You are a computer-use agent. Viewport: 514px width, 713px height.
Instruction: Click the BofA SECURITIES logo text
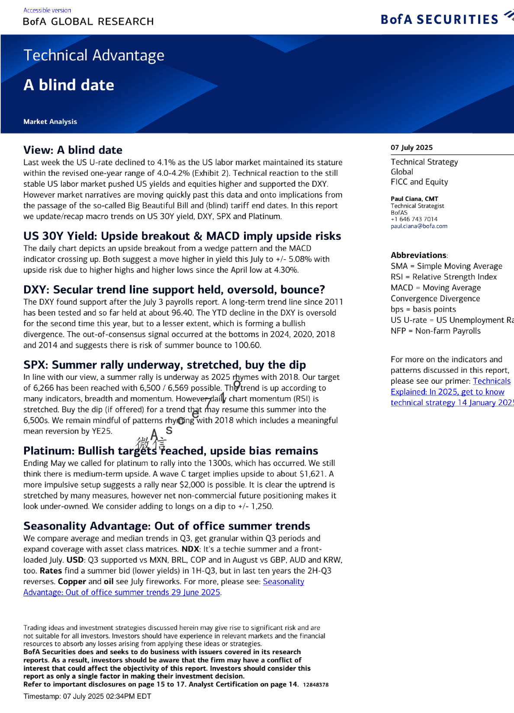439,19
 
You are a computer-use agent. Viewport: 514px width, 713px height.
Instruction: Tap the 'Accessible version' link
47,10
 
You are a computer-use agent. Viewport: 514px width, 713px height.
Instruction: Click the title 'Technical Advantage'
94,55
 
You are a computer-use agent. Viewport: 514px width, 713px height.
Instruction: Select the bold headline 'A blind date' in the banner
69,85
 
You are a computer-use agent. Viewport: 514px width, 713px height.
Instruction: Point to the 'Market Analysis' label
50,122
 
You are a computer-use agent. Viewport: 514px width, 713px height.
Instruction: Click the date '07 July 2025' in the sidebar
411,147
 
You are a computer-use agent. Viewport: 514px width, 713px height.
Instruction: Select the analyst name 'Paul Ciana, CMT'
414,199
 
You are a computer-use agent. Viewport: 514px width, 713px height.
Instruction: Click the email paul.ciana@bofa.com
419,226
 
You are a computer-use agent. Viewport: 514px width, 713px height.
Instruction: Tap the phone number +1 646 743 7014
414,219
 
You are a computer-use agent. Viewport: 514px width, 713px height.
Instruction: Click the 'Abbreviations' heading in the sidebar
418,255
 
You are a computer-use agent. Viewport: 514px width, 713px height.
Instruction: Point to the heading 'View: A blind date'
73,150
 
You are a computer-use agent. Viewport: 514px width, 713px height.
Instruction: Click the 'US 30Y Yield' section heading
182,236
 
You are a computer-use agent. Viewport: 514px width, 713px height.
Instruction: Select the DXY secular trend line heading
174,290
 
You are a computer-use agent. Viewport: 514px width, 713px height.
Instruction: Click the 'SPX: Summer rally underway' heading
164,365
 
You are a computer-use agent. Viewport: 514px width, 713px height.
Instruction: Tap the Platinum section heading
170,451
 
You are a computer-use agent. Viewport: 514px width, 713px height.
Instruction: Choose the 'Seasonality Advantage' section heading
167,526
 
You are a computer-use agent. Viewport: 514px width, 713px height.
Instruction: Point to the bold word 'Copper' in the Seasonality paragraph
72,582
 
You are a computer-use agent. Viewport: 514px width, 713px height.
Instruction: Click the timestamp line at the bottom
87,696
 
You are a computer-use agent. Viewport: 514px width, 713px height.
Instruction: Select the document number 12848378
315,685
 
